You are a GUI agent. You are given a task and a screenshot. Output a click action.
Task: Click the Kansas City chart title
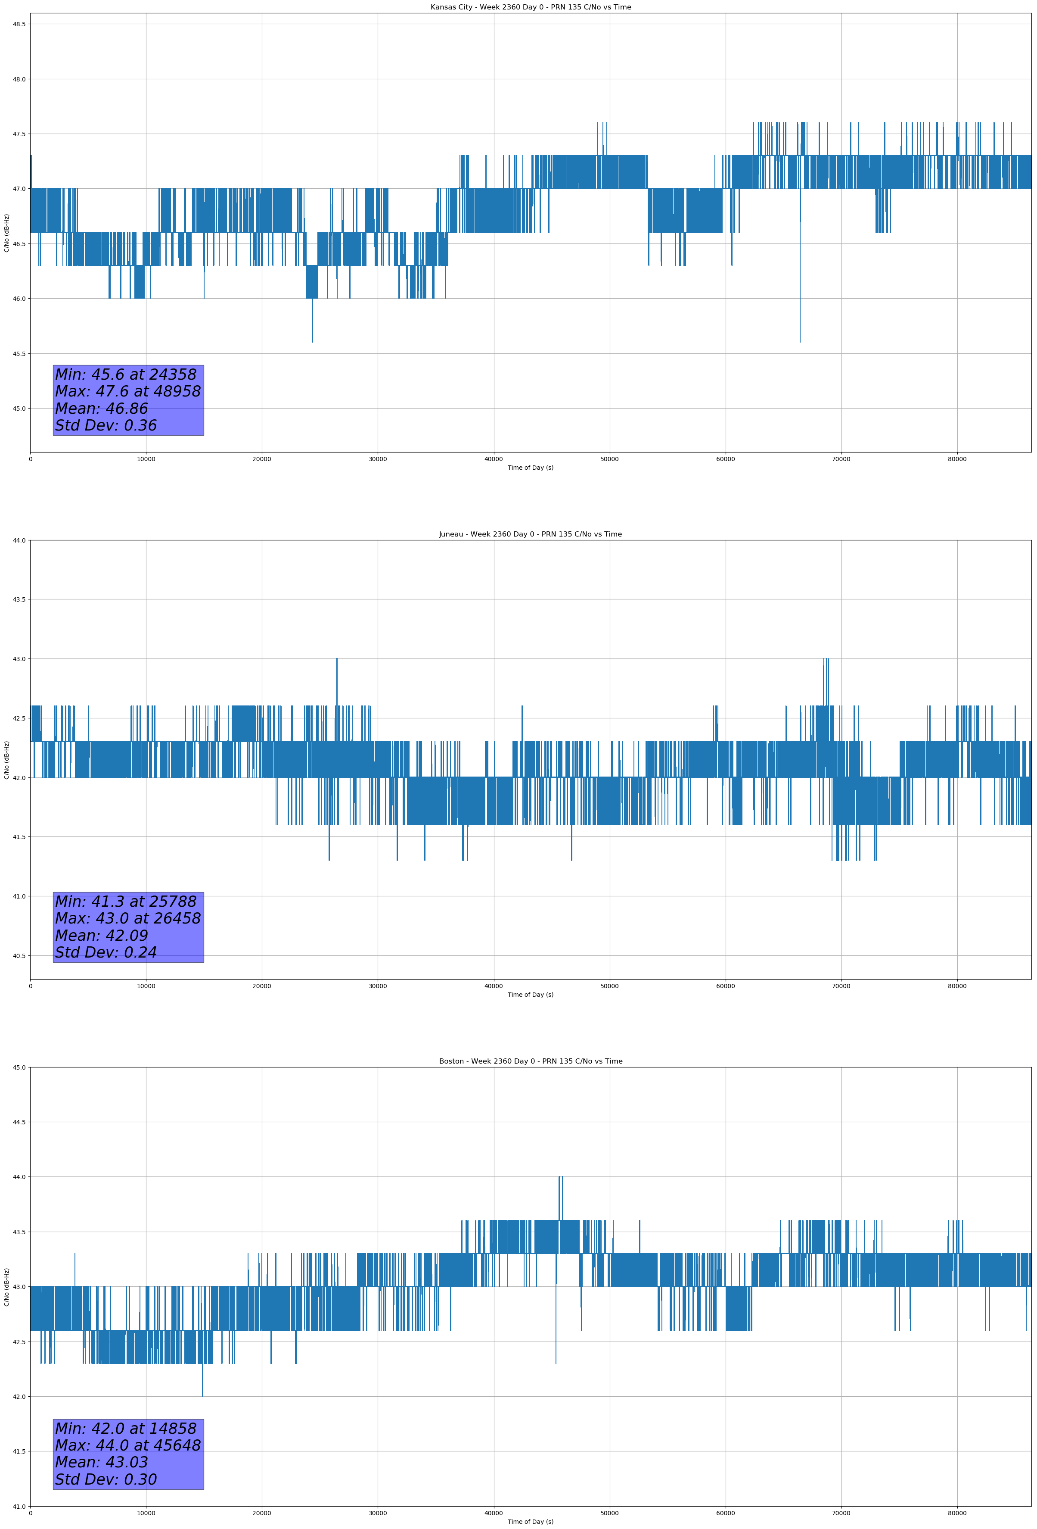pos(530,7)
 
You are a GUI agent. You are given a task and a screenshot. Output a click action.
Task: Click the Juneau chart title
pos(530,534)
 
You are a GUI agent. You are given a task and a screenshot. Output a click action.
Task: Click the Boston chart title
pos(530,1061)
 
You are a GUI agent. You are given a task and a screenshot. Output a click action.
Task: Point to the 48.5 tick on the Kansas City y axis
pos(19,24)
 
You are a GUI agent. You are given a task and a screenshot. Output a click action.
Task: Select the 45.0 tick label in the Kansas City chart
pos(19,409)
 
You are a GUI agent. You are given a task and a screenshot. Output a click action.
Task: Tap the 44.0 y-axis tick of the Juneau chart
pos(19,541)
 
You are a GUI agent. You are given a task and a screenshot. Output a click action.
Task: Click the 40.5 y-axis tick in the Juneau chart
pos(19,956)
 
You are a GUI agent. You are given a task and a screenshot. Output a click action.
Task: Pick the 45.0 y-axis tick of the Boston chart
pos(19,1068)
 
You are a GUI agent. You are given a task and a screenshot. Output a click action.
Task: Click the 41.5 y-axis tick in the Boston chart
pos(19,1452)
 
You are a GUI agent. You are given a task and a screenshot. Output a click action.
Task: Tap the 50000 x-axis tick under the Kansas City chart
pos(609,459)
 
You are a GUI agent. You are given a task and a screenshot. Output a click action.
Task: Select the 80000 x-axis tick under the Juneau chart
pos(957,986)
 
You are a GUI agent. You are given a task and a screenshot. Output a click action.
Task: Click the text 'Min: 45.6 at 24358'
pos(126,374)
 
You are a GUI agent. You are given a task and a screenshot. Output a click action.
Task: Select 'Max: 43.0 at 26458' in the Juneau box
pos(127,918)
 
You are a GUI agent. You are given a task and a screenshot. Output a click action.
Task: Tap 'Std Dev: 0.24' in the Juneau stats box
pos(106,953)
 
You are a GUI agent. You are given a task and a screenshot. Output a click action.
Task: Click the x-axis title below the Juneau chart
pos(530,995)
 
